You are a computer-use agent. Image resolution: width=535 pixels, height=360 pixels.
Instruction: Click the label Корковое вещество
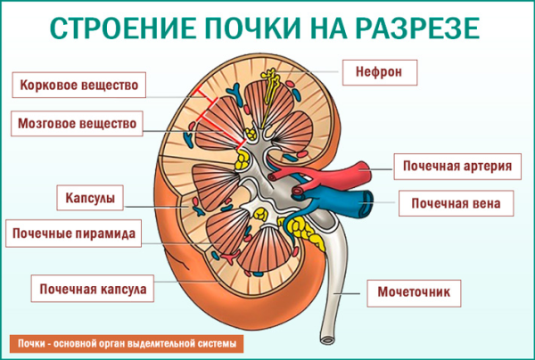point(78,86)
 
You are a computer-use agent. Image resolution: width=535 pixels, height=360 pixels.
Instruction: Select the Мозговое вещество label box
point(78,124)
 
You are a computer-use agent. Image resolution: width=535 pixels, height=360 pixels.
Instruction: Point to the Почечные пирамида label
point(73,233)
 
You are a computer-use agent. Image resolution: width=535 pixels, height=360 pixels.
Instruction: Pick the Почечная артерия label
point(456,166)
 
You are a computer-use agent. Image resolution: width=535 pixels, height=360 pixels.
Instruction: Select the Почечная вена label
point(456,203)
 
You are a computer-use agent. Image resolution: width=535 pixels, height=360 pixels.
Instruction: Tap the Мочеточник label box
point(418,290)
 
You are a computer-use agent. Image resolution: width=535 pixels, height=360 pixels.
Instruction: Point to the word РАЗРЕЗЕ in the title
point(419,28)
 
